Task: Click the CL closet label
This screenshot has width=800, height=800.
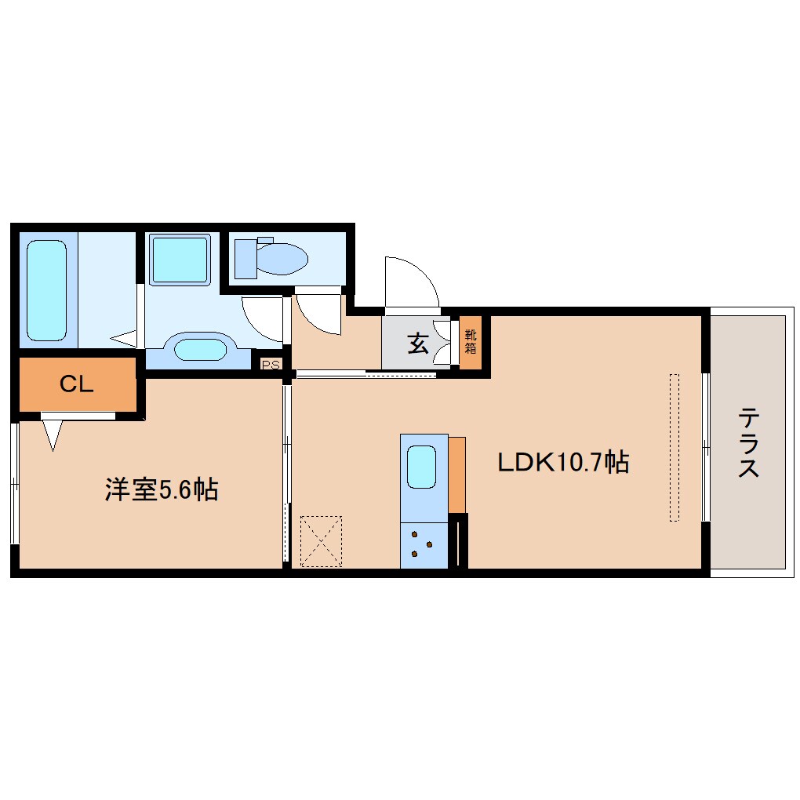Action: (x=77, y=384)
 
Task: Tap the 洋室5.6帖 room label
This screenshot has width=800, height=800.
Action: (x=162, y=490)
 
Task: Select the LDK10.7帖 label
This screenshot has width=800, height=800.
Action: (x=563, y=462)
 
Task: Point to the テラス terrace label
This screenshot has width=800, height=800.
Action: (x=749, y=442)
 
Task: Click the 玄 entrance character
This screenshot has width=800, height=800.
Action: (x=417, y=343)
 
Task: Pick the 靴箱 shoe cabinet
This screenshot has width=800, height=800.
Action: (x=470, y=342)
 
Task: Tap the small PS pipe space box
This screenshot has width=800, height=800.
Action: (x=271, y=364)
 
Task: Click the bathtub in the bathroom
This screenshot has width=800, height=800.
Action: (x=46, y=290)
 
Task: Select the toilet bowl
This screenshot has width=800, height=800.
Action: (x=282, y=258)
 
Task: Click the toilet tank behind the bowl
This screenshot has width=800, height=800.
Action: (x=246, y=258)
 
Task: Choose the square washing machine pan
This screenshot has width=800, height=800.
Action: (x=180, y=260)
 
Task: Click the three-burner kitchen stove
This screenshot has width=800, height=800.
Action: (x=424, y=545)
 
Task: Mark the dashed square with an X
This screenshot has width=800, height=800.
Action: (x=322, y=540)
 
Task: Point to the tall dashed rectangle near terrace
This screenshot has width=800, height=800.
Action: (x=674, y=447)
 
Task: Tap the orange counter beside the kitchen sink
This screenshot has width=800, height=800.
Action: (x=457, y=475)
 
